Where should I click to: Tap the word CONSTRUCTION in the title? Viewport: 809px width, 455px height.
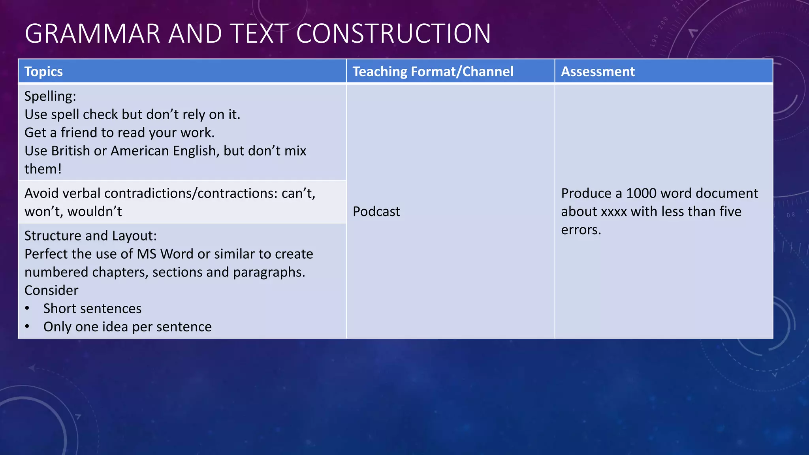pyautogui.click(x=393, y=34)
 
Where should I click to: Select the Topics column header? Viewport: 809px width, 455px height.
pyautogui.click(x=43, y=71)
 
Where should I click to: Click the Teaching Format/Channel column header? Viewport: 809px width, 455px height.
pyautogui.click(x=433, y=71)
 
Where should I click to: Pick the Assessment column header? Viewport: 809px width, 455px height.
pyautogui.click(x=598, y=71)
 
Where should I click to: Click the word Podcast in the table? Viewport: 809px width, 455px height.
pyautogui.click(x=376, y=212)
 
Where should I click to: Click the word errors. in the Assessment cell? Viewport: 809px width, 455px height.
pyautogui.click(x=581, y=230)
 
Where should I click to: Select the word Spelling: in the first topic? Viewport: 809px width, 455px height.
pyautogui.click(x=50, y=96)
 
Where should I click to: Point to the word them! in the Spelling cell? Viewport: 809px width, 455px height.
pyautogui.click(x=43, y=169)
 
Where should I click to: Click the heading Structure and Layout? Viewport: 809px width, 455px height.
pyautogui.click(x=90, y=236)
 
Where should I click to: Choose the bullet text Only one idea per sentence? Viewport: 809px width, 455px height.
pyautogui.click(x=127, y=327)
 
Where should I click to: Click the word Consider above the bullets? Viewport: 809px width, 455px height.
pyautogui.click(x=51, y=291)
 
